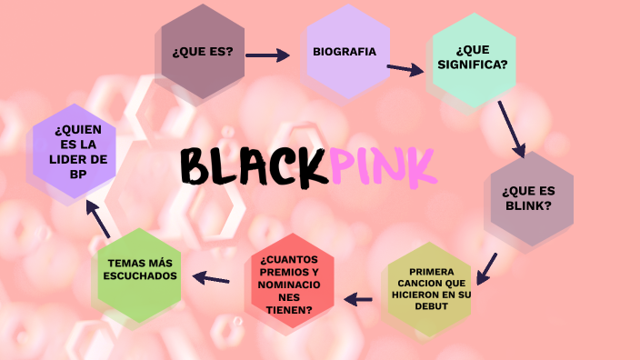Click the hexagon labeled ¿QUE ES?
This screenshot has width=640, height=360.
point(202,52)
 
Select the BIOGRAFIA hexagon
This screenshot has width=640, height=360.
point(345,52)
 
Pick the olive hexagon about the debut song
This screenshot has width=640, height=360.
point(431,289)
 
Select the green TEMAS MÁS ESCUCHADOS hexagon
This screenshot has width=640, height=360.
point(142,270)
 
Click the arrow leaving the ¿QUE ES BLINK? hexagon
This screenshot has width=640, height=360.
point(488,267)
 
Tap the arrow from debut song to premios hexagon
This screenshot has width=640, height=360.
point(359,298)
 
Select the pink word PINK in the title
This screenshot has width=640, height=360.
point(383,165)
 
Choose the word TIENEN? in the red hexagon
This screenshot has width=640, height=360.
point(290,310)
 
